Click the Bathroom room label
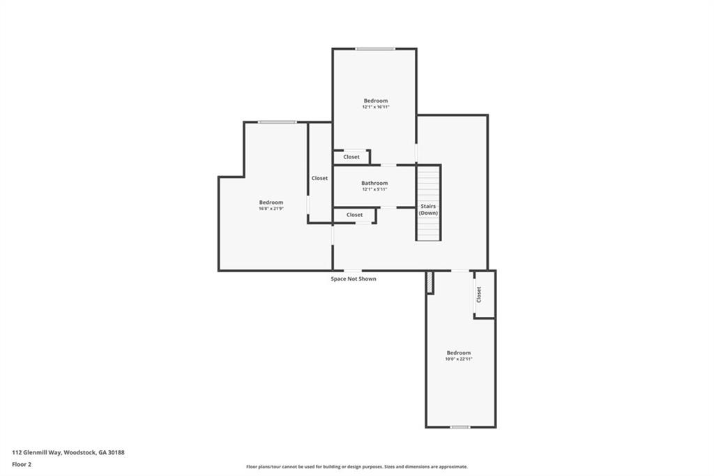coord(374,183)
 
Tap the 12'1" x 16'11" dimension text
coord(375,107)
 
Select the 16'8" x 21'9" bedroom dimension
coord(271,209)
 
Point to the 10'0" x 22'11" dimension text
coord(459,359)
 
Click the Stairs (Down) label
coord(428,209)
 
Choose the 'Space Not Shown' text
coord(354,278)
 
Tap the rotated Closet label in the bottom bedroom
coord(479,295)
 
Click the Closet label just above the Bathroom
coord(351,157)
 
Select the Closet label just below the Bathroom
coord(354,215)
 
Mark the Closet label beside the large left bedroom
coord(319,178)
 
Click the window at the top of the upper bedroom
coord(375,49)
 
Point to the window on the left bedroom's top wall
coord(277,122)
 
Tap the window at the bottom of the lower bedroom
coord(459,426)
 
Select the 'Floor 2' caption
coord(22,463)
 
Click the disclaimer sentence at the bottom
coord(356,467)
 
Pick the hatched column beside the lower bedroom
coord(430,282)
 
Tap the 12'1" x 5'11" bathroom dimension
coord(374,189)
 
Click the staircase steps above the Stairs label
coord(429,183)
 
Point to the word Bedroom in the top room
coord(375,101)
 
